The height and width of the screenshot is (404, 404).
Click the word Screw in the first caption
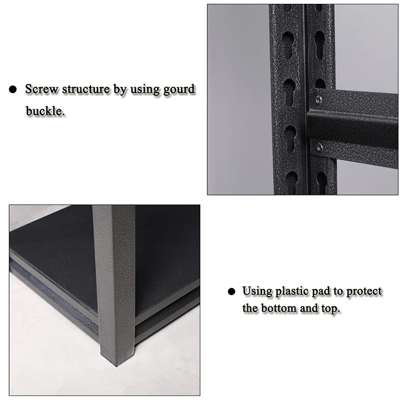pos(41,89)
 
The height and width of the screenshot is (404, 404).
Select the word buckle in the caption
pos(45,111)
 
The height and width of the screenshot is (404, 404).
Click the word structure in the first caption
pos(86,89)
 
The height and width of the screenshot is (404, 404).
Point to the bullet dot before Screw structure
pos(12,89)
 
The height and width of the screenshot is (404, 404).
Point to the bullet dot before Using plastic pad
pos(232,291)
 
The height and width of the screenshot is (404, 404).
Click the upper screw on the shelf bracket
pos(319,99)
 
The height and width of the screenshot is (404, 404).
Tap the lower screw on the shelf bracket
pos(319,148)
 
